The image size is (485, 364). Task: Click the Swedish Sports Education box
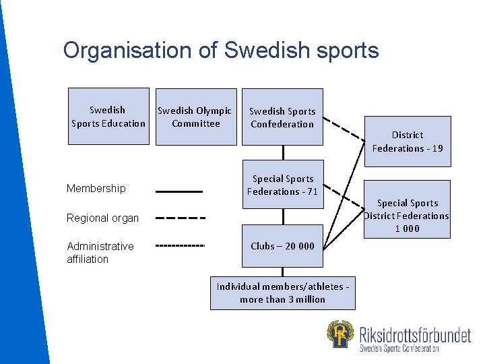point(108,117)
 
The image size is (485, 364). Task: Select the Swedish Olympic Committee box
point(196,117)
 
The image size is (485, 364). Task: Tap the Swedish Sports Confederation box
point(282,117)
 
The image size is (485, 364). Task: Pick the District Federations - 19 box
point(408,142)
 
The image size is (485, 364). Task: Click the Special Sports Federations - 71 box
point(282,185)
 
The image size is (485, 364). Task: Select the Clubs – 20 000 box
point(282,246)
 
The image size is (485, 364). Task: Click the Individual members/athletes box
point(282,293)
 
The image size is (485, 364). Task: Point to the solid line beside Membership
point(179,192)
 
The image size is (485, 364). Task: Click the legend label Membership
point(96,189)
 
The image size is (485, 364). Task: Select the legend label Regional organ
point(102,218)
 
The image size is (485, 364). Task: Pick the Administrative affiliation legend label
point(100,252)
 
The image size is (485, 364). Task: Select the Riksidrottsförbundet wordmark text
point(415,334)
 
